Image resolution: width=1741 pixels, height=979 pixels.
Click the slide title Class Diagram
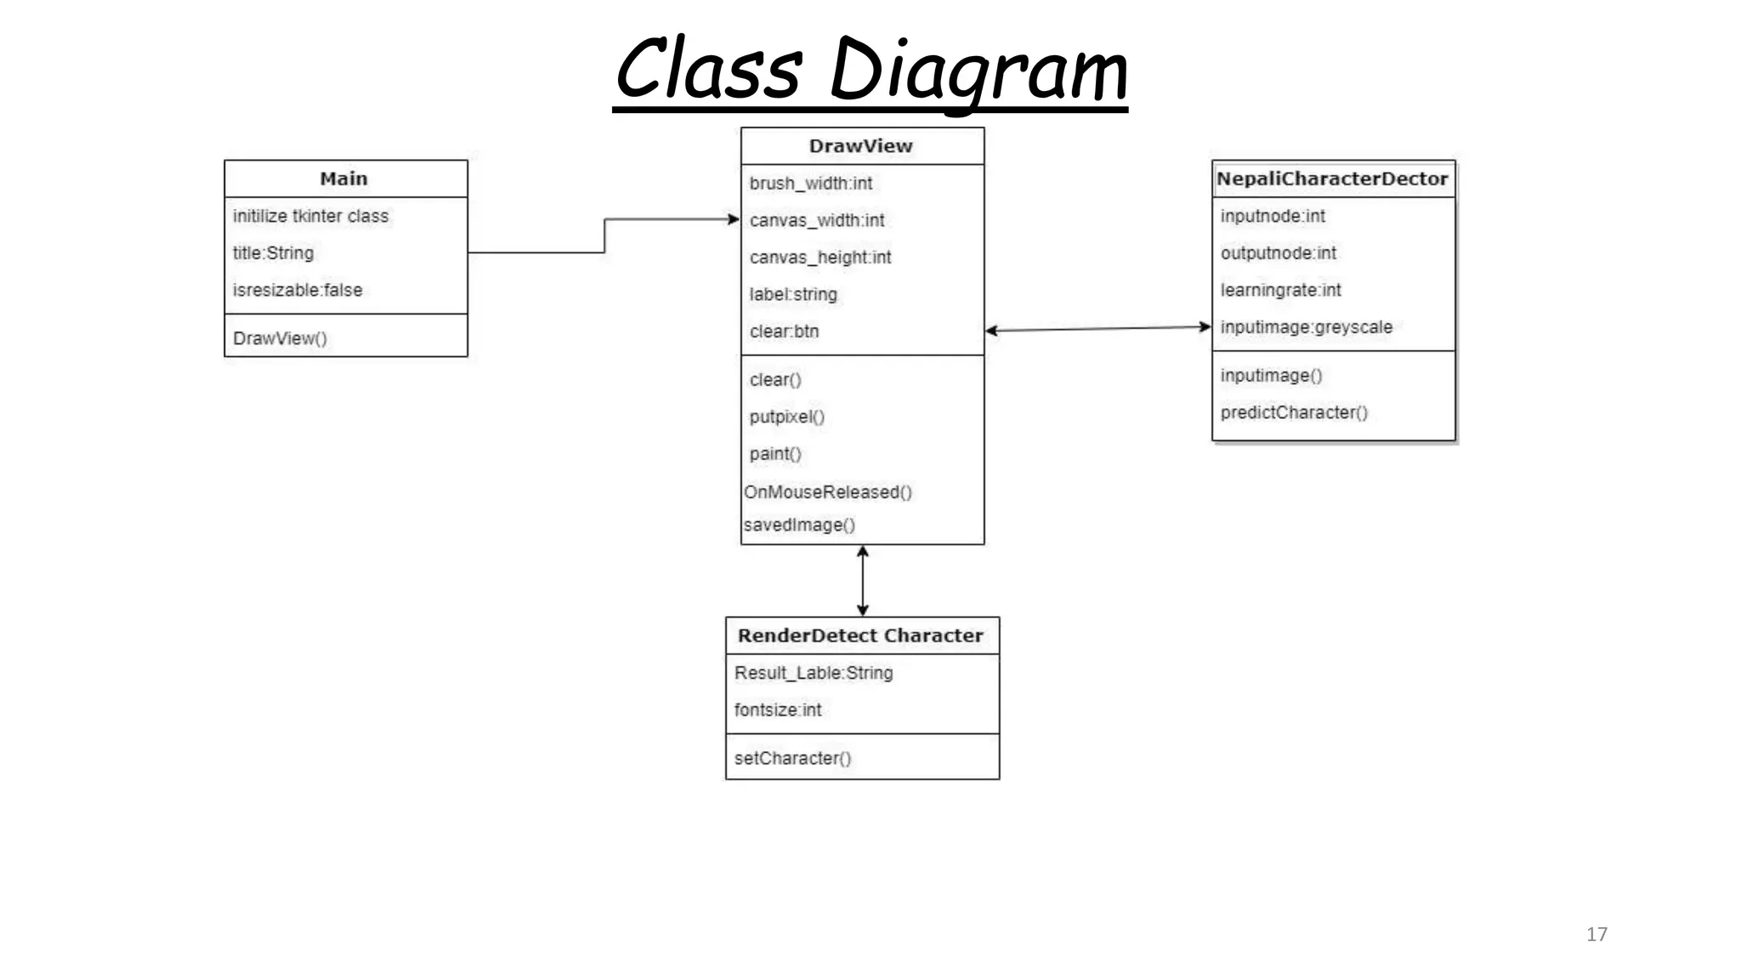point(870,70)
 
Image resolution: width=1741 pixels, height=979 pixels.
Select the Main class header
point(344,178)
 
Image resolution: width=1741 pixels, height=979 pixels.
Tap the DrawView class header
point(861,146)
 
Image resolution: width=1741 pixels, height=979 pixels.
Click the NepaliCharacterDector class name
point(1332,178)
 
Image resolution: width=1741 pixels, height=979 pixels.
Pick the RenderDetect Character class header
point(860,636)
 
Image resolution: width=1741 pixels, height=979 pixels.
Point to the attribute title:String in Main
point(273,253)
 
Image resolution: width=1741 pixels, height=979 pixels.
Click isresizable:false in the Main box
point(298,290)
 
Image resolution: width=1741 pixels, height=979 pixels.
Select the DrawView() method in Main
point(280,338)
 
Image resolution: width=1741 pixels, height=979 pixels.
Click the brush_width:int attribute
point(811,184)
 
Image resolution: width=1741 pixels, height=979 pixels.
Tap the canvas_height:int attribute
point(820,257)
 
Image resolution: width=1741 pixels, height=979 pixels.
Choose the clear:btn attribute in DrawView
point(784,331)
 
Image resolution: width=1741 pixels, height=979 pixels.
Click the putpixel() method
point(787,417)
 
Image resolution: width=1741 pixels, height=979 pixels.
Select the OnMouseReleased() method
point(828,492)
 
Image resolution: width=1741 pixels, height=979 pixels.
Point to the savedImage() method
point(799,525)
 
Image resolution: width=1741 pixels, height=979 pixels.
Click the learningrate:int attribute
point(1280,290)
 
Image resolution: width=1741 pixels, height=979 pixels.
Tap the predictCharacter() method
point(1294,412)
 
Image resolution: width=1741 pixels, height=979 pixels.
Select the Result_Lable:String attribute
point(814,673)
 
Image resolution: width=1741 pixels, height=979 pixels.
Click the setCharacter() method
point(792,758)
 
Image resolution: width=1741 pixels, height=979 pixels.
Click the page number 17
point(1596,934)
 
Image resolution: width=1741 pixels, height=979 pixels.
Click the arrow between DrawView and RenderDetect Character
point(863,580)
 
